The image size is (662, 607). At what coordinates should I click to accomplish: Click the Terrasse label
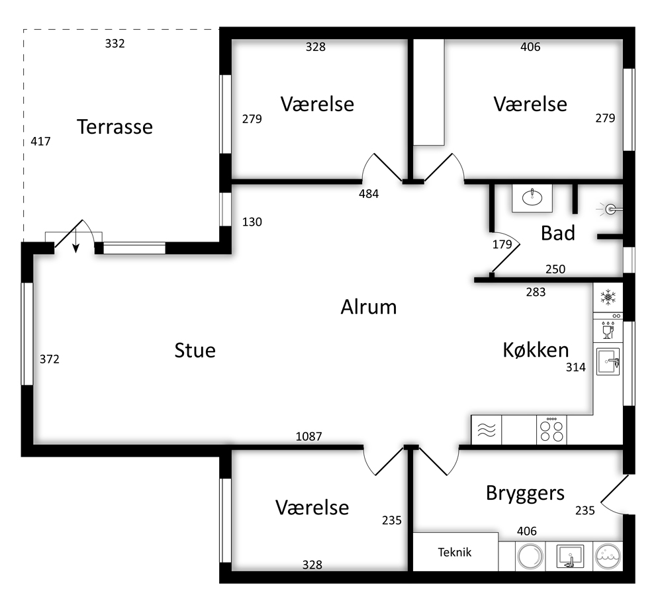tap(115, 127)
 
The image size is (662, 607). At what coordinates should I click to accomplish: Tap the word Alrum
tap(369, 307)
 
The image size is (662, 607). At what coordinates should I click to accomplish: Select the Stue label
tap(195, 350)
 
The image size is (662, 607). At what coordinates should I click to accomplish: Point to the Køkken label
tap(536, 350)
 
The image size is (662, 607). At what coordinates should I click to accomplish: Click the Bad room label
tap(557, 233)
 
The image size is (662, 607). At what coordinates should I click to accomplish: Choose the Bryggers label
tap(525, 493)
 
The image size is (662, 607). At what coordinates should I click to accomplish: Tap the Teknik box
tap(455, 552)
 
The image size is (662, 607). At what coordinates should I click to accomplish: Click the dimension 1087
tap(308, 436)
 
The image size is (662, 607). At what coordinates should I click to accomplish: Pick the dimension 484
tap(369, 194)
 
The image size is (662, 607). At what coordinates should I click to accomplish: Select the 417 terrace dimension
tap(40, 142)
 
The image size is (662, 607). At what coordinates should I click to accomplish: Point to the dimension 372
tap(50, 359)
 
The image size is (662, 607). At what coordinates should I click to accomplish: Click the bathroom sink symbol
tap(532, 197)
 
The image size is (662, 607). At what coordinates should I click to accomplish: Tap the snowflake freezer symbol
tap(608, 297)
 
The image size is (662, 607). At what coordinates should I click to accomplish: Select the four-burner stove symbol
tap(551, 430)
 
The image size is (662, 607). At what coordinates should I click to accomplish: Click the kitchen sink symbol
tap(608, 361)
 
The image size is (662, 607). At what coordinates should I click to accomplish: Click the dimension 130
tap(252, 222)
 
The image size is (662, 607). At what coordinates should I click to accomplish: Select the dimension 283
tap(536, 292)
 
